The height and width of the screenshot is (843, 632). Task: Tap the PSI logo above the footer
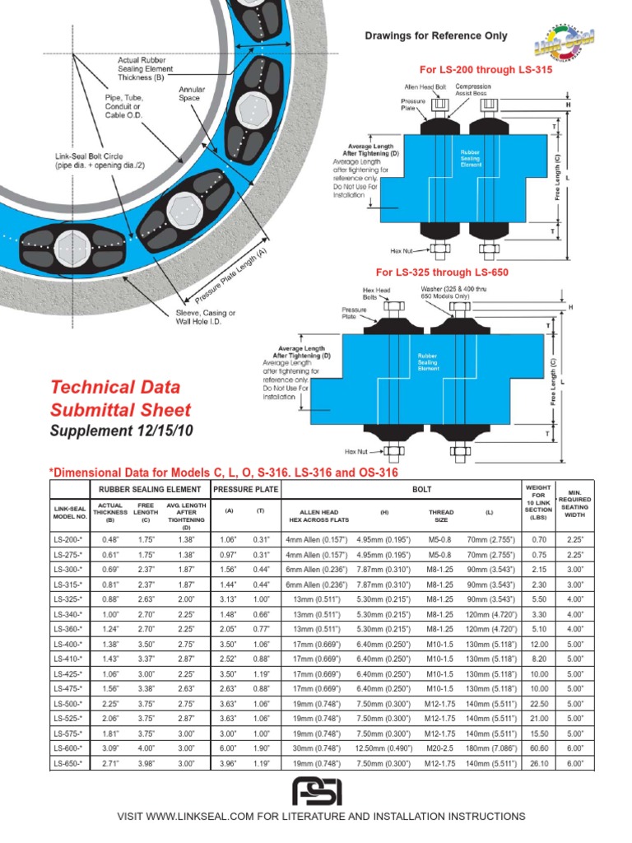[317, 792]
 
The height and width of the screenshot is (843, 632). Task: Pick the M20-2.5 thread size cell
[441, 748]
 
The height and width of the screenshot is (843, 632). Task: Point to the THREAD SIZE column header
[441, 515]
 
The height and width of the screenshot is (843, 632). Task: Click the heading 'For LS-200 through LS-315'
[464, 70]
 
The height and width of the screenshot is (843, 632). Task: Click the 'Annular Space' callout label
[192, 93]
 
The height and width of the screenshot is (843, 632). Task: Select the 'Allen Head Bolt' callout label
[423, 86]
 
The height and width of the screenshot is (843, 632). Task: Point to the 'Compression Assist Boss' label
[473, 89]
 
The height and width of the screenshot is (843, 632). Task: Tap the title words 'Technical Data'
[114, 387]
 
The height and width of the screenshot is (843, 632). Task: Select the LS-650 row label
[70, 764]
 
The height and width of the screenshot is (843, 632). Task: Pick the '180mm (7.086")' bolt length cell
[490, 748]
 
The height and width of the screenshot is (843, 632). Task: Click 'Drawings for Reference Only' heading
[436, 36]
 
